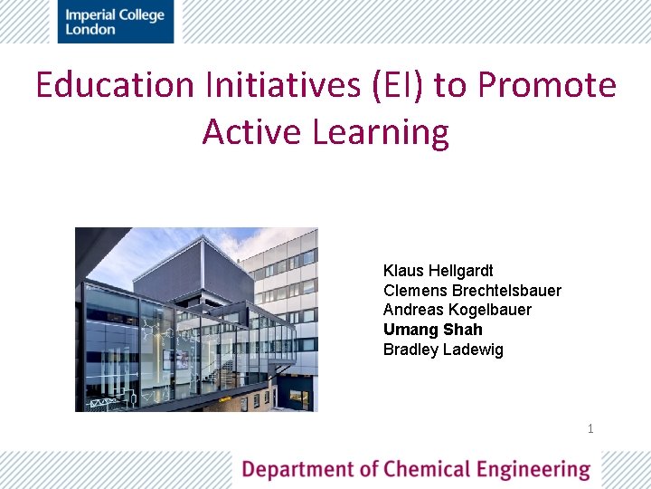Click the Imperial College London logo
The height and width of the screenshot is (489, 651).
click(115, 22)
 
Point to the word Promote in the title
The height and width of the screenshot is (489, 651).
click(547, 86)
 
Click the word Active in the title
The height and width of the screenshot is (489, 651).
click(251, 132)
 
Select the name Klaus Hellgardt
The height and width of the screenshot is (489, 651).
click(438, 271)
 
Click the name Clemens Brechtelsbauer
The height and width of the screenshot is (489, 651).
click(472, 291)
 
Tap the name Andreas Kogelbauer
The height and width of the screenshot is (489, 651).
click(458, 310)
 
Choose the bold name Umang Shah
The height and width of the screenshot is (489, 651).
click(432, 330)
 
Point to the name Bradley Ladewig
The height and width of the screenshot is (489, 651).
click(443, 350)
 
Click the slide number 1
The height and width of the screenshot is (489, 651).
click(590, 428)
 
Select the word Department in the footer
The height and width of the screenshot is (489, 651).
click(297, 470)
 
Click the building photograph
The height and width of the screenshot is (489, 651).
click(196, 319)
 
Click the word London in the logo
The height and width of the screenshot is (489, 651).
click(90, 29)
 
